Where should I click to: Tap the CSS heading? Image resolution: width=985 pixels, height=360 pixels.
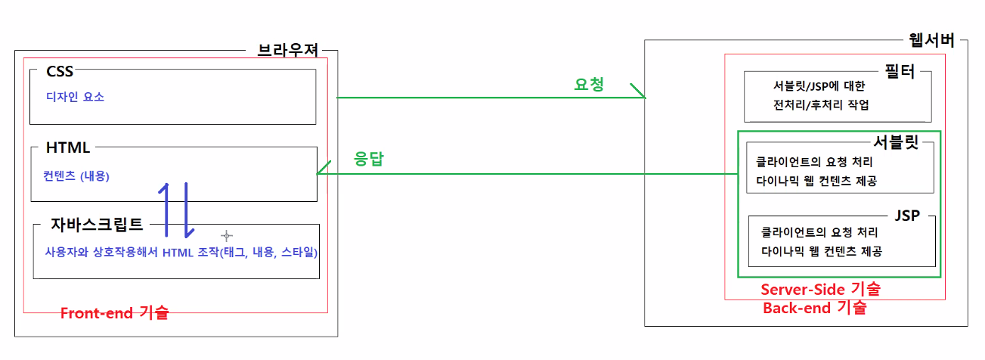(60, 71)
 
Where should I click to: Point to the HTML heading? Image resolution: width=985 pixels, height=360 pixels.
(68, 147)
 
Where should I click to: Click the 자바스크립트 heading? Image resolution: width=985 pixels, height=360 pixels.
(97, 224)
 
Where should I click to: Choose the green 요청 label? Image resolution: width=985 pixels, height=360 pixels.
(590, 85)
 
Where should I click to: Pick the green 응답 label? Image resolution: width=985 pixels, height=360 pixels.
(370, 160)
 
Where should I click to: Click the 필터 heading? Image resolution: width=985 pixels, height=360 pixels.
(899, 72)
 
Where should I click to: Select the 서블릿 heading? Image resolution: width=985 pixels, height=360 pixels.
(896, 141)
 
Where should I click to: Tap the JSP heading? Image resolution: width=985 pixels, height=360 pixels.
(906, 216)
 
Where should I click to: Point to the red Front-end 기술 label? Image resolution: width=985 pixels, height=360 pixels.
(114, 313)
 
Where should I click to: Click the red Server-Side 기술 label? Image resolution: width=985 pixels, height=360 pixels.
(820, 289)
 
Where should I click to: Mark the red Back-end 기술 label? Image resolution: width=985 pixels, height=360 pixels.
(814, 308)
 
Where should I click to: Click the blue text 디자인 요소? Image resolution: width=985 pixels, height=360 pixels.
(76, 97)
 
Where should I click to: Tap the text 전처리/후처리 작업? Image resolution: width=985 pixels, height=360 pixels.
(816, 105)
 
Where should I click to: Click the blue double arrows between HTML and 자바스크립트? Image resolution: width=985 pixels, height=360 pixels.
(175, 209)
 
